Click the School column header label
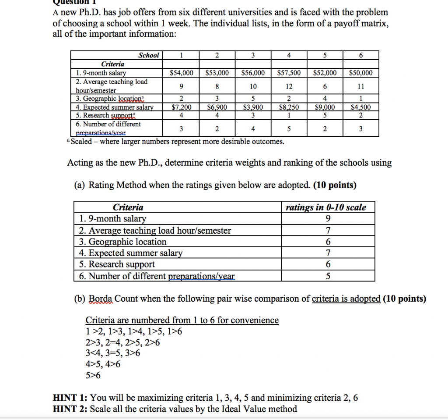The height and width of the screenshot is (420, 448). [x=149, y=56]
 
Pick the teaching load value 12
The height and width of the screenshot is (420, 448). [x=289, y=86]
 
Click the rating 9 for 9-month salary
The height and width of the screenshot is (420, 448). [x=328, y=219]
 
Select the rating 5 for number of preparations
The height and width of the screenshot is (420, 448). [x=328, y=276]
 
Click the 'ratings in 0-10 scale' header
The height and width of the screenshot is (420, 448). [x=326, y=207]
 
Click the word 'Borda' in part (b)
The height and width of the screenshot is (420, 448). [x=101, y=299]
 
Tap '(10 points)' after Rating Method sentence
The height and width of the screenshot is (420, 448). [x=335, y=185]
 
